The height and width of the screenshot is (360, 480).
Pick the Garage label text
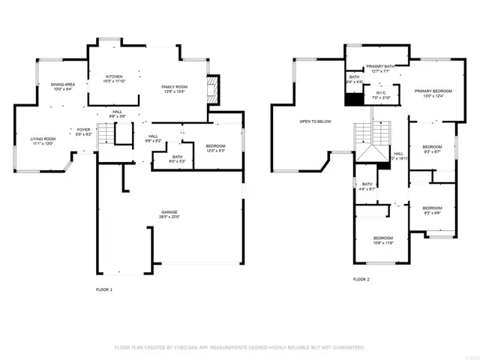[x=168, y=214]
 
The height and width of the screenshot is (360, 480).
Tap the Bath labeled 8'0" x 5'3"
[x=157, y=158]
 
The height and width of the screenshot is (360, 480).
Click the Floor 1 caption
[x=104, y=289]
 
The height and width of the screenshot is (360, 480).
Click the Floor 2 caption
[x=361, y=280]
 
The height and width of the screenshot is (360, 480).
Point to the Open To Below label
[x=315, y=121]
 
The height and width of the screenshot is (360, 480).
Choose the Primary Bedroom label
[x=433, y=93]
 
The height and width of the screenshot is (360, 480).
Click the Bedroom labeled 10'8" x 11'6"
[x=382, y=240]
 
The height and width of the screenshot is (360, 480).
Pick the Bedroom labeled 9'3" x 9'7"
[x=431, y=148]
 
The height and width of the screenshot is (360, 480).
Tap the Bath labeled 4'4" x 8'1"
[x=367, y=186]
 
